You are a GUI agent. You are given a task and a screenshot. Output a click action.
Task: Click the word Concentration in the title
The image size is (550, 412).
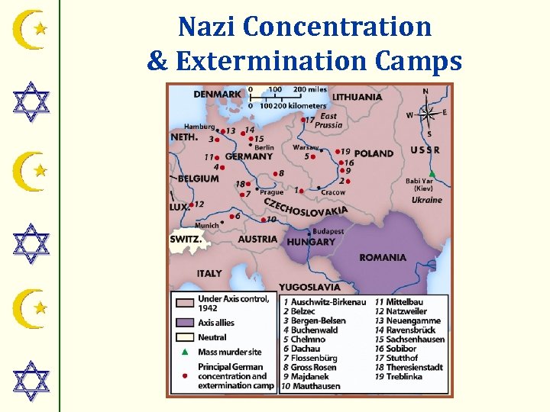pos(339,27)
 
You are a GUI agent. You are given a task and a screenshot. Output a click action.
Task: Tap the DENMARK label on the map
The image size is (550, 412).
pos(217,94)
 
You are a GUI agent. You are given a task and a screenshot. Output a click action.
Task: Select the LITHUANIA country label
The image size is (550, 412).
pos(357,97)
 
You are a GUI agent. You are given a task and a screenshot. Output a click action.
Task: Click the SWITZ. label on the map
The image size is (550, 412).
pos(186,239)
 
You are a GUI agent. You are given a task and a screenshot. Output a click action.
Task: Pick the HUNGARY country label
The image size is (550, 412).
pos(311,242)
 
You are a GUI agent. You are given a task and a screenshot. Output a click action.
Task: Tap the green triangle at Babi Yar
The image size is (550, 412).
pos(432,174)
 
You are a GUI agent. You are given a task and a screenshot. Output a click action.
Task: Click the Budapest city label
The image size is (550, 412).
pos(328,231)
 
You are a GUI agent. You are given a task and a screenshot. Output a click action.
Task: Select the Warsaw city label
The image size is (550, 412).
pos(306,146)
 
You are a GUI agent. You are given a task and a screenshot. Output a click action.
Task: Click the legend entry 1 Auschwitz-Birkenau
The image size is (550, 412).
pos(319,302)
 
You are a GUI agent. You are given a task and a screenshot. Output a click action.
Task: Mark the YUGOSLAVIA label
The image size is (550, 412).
pos(309,287)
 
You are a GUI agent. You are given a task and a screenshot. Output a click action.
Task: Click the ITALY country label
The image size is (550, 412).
pos(209,273)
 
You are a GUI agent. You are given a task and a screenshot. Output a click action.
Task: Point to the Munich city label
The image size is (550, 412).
pos(206,225)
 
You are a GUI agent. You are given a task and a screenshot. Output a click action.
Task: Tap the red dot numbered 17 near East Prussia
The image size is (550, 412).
pos(303,121)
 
